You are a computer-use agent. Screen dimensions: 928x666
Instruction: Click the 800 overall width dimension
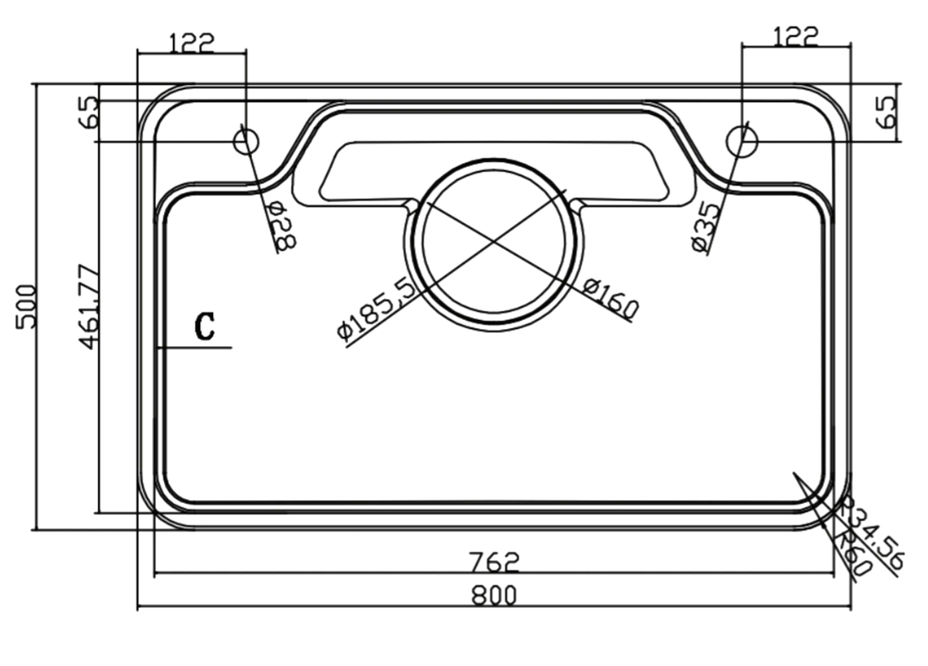point(494,595)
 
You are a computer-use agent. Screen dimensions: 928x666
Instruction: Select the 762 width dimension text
point(495,563)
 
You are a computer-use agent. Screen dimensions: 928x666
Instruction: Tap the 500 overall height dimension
point(26,306)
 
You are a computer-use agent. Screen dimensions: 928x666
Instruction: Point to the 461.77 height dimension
point(89,305)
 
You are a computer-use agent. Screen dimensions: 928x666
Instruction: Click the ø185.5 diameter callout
point(377,308)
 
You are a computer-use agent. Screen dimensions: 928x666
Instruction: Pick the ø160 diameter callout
point(611,298)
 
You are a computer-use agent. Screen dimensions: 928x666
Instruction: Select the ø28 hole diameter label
point(283,227)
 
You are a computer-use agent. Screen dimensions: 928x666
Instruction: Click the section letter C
point(206,326)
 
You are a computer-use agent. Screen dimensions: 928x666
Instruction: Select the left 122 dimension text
point(191,42)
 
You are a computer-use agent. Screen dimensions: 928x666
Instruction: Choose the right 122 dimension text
point(796,36)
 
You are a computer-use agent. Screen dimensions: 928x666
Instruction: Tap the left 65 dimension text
point(88,113)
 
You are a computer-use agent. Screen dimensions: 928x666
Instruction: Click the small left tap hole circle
point(246,140)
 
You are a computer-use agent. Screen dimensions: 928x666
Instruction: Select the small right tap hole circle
point(742,140)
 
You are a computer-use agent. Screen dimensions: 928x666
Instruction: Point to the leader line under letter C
point(194,347)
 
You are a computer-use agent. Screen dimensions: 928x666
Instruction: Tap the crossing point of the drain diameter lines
point(495,241)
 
